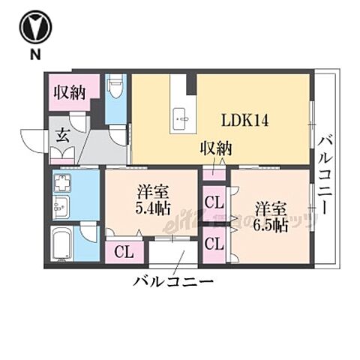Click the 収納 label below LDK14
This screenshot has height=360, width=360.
214,149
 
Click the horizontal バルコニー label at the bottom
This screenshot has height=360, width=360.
174,283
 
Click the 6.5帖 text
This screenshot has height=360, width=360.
271,223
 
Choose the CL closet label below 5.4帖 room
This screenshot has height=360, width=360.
124,251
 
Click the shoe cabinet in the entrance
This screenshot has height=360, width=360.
59,154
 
